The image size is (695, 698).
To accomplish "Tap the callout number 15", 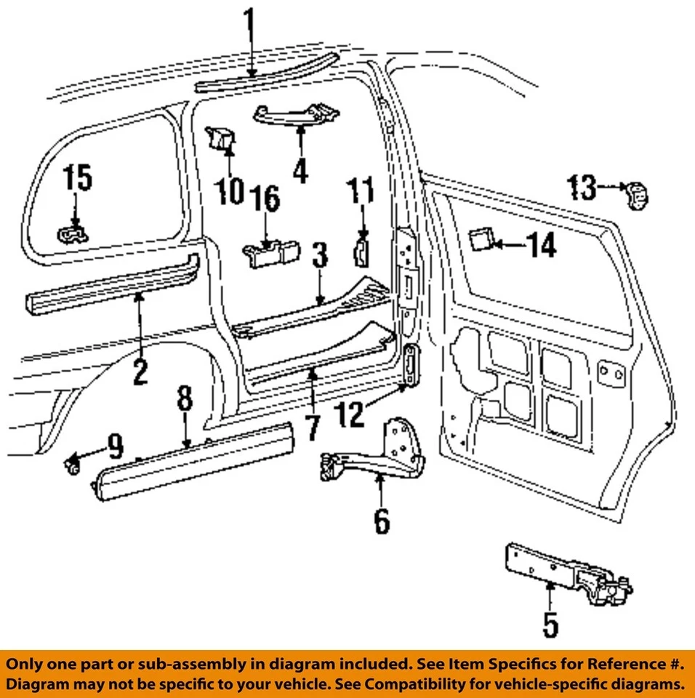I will click(x=78, y=179).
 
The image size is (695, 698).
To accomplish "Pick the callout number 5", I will click(x=550, y=625).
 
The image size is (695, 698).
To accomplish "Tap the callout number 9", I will click(x=116, y=445).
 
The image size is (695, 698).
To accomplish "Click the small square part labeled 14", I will click(x=481, y=239).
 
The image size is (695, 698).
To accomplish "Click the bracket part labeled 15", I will click(x=73, y=234).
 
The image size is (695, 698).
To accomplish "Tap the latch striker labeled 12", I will click(x=412, y=363).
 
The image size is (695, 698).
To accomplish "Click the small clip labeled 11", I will click(x=362, y=250).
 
